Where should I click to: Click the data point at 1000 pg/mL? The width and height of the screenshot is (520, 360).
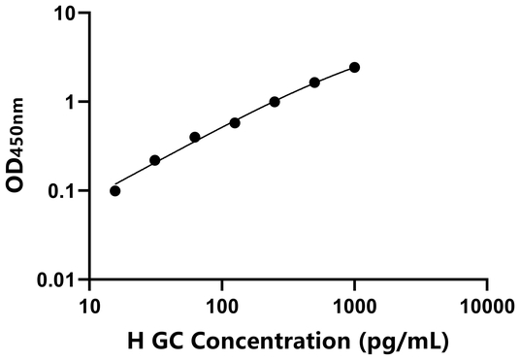(x=354, y=67)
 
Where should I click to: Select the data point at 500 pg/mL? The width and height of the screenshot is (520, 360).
(x=314, y=82)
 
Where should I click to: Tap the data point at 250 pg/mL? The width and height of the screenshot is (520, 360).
(x=275, y=101)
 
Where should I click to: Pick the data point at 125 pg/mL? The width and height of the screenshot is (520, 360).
(x=235, y=122)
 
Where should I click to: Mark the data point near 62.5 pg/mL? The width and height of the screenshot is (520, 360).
(x=195, y=137)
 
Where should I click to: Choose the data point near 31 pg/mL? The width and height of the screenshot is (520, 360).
(x=155, y=160)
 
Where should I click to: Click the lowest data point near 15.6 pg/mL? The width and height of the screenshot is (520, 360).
(x=115, y=190)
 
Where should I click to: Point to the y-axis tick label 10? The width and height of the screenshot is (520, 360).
(x=67, y=14)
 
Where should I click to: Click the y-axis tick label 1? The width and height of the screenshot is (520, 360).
(x=73, y=102)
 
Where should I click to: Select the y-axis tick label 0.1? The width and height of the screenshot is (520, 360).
(x=64, y=191)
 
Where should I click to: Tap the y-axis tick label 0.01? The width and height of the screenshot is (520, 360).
(x=59, y=280)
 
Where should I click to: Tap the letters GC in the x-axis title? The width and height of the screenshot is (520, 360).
(x=167, y=342)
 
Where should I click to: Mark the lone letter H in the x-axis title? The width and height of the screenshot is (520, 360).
(x=136, y=342)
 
